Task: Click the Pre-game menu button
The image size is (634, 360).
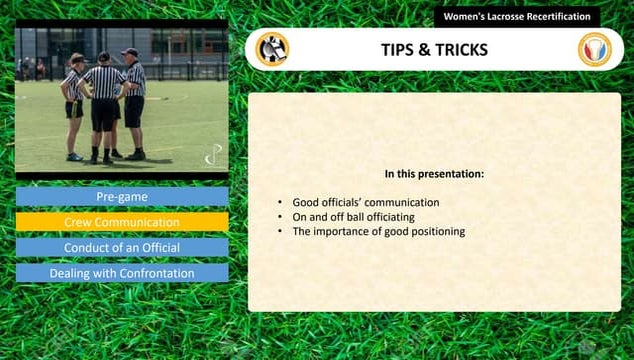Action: pos(121,197)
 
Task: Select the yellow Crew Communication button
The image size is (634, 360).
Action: pos(121,222)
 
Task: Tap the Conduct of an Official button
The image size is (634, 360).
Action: pos(121,247)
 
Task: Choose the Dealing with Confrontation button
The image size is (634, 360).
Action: pos(121,272)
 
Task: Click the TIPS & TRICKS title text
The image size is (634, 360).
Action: pos(434,49)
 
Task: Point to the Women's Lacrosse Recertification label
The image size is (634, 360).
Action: pos(517,17)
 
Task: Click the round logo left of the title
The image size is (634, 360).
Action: pos(271,49)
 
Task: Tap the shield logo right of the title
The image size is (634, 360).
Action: pos(594,49)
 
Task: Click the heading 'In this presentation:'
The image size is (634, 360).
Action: pos(434,174)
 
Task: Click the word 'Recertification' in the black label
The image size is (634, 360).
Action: pos(555,17)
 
